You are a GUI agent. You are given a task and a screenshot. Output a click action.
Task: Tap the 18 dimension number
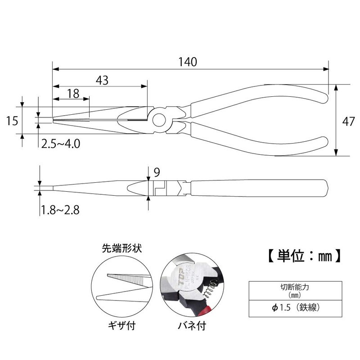(x=73, y=93)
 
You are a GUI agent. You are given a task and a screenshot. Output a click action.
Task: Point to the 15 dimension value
(x=12, y=120)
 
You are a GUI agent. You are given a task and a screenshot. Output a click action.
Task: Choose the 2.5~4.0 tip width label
(x=61, y=144)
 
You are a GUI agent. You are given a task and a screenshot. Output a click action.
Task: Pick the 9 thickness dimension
(x=156, y=171)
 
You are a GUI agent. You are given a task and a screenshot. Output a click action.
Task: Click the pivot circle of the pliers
(x=159, y=119)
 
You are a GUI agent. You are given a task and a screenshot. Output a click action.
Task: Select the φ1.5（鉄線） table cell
(x=292, y=309)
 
